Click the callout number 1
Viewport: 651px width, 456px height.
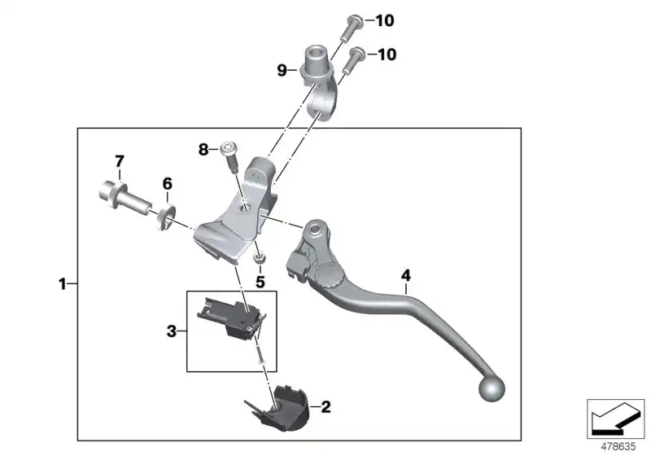click(62, 284)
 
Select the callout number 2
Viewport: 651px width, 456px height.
click(325, 405)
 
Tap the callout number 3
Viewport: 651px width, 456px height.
click(172, 331)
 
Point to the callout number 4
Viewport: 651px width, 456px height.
click(404, 275)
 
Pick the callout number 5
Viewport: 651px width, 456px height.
click(260, 282)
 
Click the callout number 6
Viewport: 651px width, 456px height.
click(167, 184)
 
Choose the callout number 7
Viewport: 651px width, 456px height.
click(119, 160)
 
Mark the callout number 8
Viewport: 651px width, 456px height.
click(203, 149)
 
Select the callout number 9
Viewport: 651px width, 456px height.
click(282, 71)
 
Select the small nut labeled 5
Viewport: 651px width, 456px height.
click(260, 258)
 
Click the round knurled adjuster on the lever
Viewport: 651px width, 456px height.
click(330, 276)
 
